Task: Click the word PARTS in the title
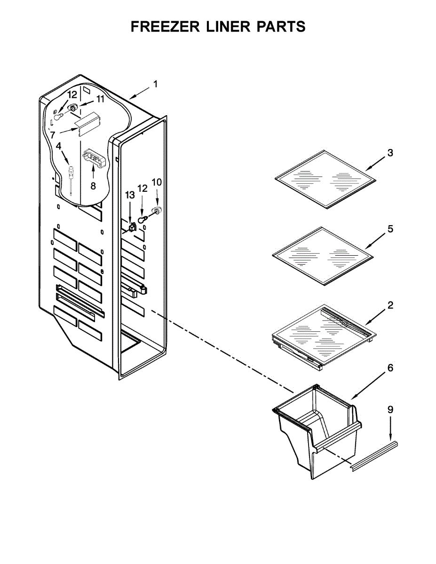(x=280, y=27)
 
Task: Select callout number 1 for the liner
(x=155, y=84)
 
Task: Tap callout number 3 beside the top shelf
(x=390, y=153)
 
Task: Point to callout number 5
(x=390, y=229)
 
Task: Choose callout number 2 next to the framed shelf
(x=390, y=305)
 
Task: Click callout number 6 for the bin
(x=390, y=368)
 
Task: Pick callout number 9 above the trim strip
(x=390, y=410)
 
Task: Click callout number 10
(x=157, y=181)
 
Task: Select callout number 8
(x=93, y=186)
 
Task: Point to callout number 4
(x=58, y=147)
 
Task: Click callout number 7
(x=53, y=134)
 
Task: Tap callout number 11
(x=101, y=99)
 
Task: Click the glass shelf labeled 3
(x=325, y=179)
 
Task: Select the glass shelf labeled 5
(x=323, y=256)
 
